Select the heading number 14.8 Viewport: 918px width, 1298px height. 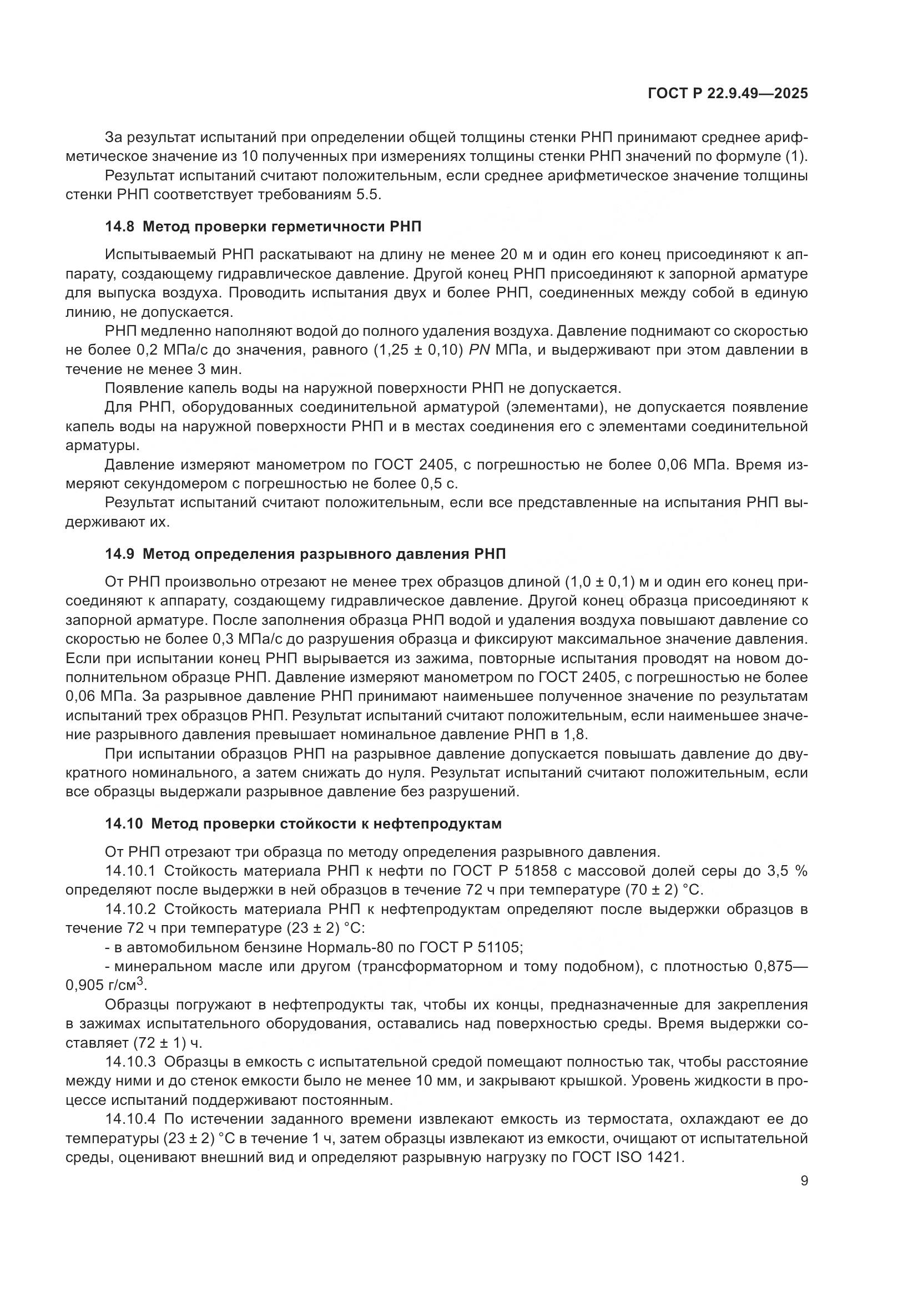[119, 228]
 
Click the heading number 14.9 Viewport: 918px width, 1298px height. [119, 554]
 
